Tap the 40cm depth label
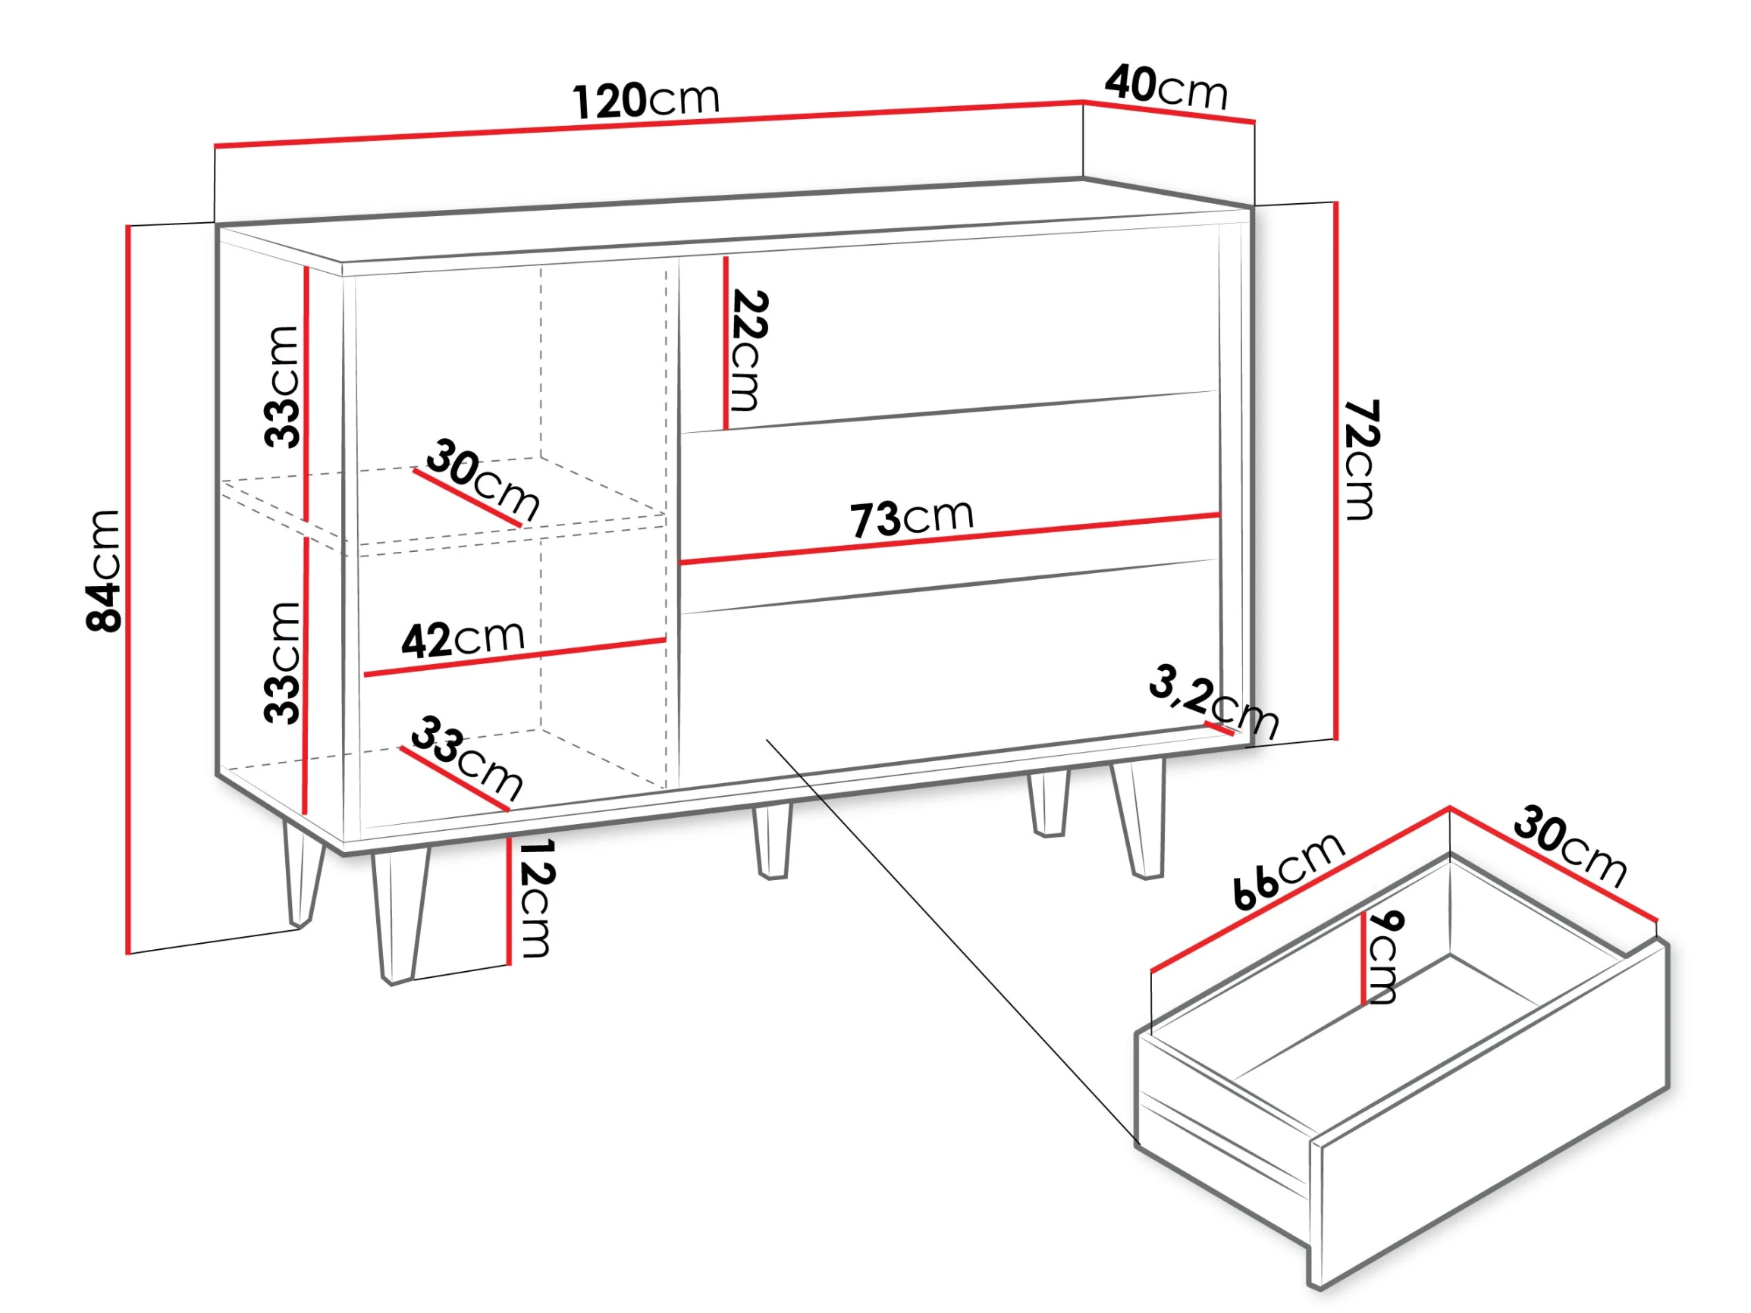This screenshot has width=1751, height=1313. (1166, 87)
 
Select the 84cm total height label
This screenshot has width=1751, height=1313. (103, 571)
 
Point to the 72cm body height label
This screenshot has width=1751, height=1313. (1360, 460)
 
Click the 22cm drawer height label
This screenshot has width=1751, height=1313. (748, 350)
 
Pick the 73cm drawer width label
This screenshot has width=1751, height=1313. (912, 518)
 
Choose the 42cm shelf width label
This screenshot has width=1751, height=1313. (463, 639)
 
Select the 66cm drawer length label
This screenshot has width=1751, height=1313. (1288, 870)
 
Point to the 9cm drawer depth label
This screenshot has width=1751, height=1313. (1383, 957)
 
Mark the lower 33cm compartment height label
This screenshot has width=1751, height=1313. (282, 663)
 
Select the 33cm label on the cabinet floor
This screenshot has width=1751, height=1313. (467, 757)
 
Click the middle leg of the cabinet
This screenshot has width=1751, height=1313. (773, 841)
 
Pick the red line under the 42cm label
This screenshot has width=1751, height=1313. (515, 657)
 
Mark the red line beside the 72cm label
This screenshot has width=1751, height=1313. (1336, 471)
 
